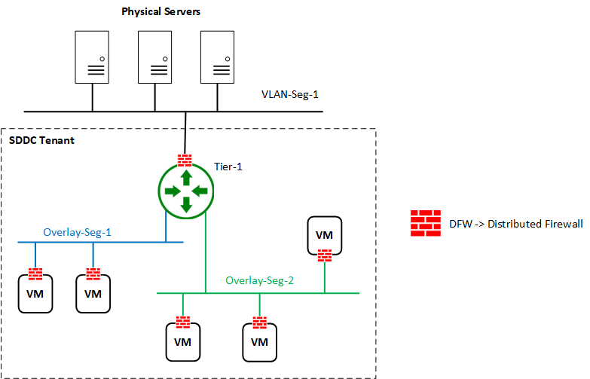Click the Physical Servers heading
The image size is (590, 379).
[x=161, y=12]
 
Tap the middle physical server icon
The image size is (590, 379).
[x=155, y=57]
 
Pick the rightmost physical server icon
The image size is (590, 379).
[x=218, y=57]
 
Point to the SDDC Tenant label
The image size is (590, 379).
[x=41, y=141]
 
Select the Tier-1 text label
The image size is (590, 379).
[x=228, y=167]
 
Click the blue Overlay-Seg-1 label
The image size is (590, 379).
[x=77, y=232]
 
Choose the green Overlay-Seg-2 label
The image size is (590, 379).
[x=259, y=280]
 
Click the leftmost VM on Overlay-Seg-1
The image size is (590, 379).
[x=35, y=292]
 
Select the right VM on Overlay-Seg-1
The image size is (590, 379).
[x=93, y=292]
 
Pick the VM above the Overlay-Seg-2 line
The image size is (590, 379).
[x=324, y=235]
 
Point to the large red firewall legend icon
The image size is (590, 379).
[x=425, y=223]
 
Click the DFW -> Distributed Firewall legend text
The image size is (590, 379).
[x=515, y=224]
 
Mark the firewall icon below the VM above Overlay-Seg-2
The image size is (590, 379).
[x=324, y=255]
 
